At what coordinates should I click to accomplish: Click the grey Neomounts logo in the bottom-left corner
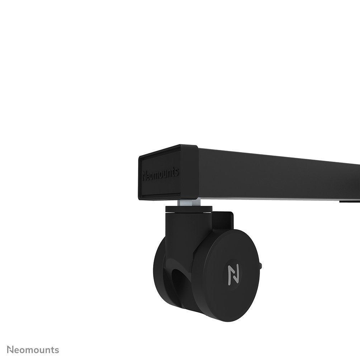click(x=33, y=350)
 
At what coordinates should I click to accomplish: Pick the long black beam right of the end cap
click(x=280, y=176)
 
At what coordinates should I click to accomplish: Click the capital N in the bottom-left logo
click(x=11, y=350)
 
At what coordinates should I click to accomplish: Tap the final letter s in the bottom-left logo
click(x=57, y=350)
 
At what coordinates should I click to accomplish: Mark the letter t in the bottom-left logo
click(x=52, y=350)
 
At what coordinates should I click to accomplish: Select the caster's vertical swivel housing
click(x=186, y=229)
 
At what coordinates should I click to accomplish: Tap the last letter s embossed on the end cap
click(x=176, y=172)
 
